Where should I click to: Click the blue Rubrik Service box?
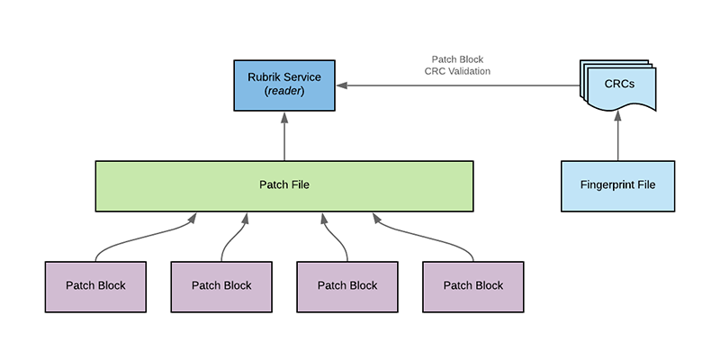[284, 85]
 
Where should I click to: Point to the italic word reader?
[284, 93]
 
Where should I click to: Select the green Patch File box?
[284, 186]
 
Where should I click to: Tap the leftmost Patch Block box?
[95, 286]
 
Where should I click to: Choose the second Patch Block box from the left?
[221, 286]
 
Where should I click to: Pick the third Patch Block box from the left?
[347, 286]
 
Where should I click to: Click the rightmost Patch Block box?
[473, 286]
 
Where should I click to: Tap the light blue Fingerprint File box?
[616, 186]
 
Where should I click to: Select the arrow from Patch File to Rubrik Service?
[284, 137]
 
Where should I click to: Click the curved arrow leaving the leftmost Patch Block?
[135, 236]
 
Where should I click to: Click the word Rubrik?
[265, 77]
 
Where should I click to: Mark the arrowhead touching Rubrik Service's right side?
[344, 85]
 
